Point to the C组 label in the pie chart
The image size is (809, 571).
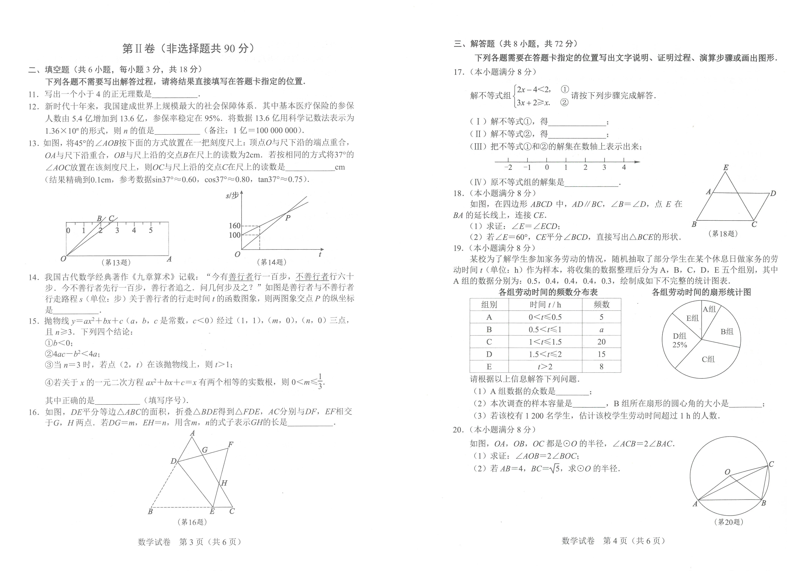(708, 359)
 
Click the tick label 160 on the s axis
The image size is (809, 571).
(234, 225)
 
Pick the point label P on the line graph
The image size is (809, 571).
(288, 218)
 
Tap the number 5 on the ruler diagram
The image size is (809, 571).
(151, 230)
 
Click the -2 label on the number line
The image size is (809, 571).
(508, 168)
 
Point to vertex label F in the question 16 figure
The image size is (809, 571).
(231, 445)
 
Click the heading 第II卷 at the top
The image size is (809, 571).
(139, 49)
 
